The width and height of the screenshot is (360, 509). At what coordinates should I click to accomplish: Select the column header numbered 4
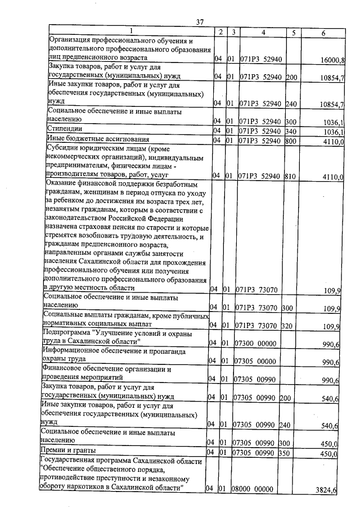263,33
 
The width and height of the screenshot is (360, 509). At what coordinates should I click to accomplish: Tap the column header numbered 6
323,33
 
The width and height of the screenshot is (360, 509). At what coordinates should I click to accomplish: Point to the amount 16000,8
332,60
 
